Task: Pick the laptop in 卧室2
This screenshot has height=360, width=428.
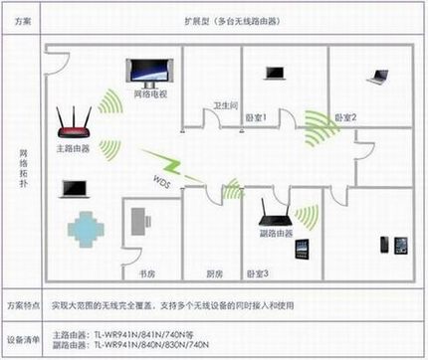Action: pos(377,75)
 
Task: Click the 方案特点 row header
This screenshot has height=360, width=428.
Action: pos(22,302)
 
